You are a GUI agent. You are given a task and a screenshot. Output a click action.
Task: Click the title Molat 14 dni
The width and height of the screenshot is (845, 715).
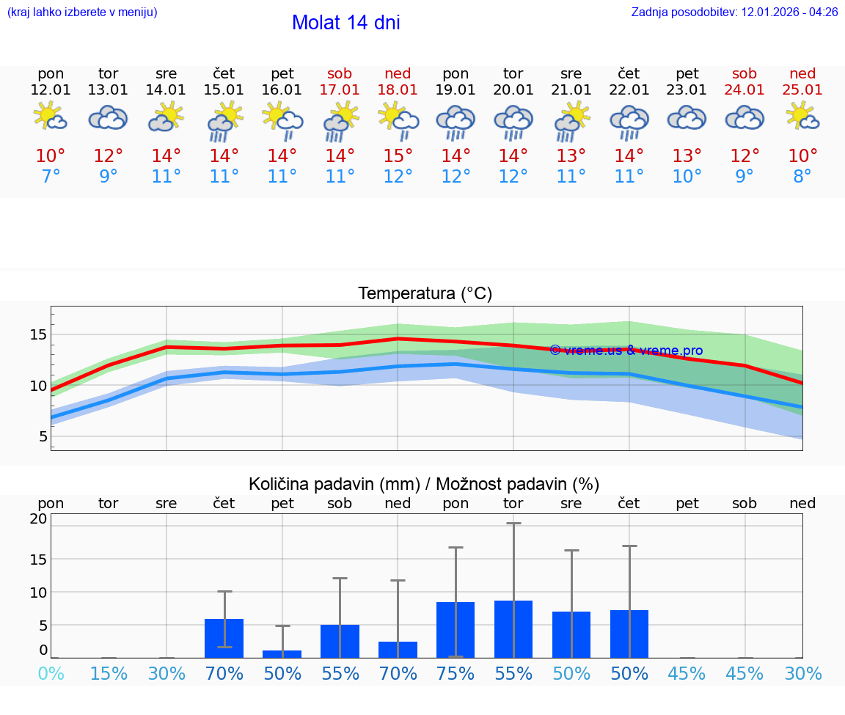345,23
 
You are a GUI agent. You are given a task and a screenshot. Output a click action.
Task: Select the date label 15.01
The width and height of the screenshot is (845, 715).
224,90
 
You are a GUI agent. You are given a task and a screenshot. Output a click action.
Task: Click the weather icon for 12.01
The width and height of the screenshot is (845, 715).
51,117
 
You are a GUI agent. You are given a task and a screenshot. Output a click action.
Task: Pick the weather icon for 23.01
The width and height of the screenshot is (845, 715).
687,118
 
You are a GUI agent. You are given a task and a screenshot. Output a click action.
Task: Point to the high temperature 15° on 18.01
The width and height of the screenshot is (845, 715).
398,156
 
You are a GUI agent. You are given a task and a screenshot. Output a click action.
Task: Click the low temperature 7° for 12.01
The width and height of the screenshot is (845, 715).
51,177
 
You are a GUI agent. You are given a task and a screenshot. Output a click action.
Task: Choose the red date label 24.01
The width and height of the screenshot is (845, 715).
745,90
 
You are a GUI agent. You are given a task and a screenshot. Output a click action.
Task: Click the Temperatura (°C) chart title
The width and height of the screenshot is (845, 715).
425,294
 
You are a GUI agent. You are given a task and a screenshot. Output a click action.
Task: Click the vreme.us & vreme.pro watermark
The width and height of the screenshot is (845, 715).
626,351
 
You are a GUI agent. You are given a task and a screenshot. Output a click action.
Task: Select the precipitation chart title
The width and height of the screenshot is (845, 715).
424,484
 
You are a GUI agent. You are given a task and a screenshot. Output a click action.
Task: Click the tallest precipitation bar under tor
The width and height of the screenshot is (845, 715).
513,628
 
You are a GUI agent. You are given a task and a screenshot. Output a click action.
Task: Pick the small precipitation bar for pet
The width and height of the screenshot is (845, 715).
282,653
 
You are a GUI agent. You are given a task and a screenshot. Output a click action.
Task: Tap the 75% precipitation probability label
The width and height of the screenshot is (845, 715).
456,674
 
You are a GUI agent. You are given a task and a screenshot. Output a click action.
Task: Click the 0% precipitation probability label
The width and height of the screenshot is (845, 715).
51,674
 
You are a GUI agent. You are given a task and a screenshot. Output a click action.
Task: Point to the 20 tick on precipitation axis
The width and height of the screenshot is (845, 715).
38,519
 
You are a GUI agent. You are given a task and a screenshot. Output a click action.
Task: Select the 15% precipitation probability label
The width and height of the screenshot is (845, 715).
109,674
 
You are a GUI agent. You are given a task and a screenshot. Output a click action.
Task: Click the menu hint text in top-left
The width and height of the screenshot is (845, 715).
82,12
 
